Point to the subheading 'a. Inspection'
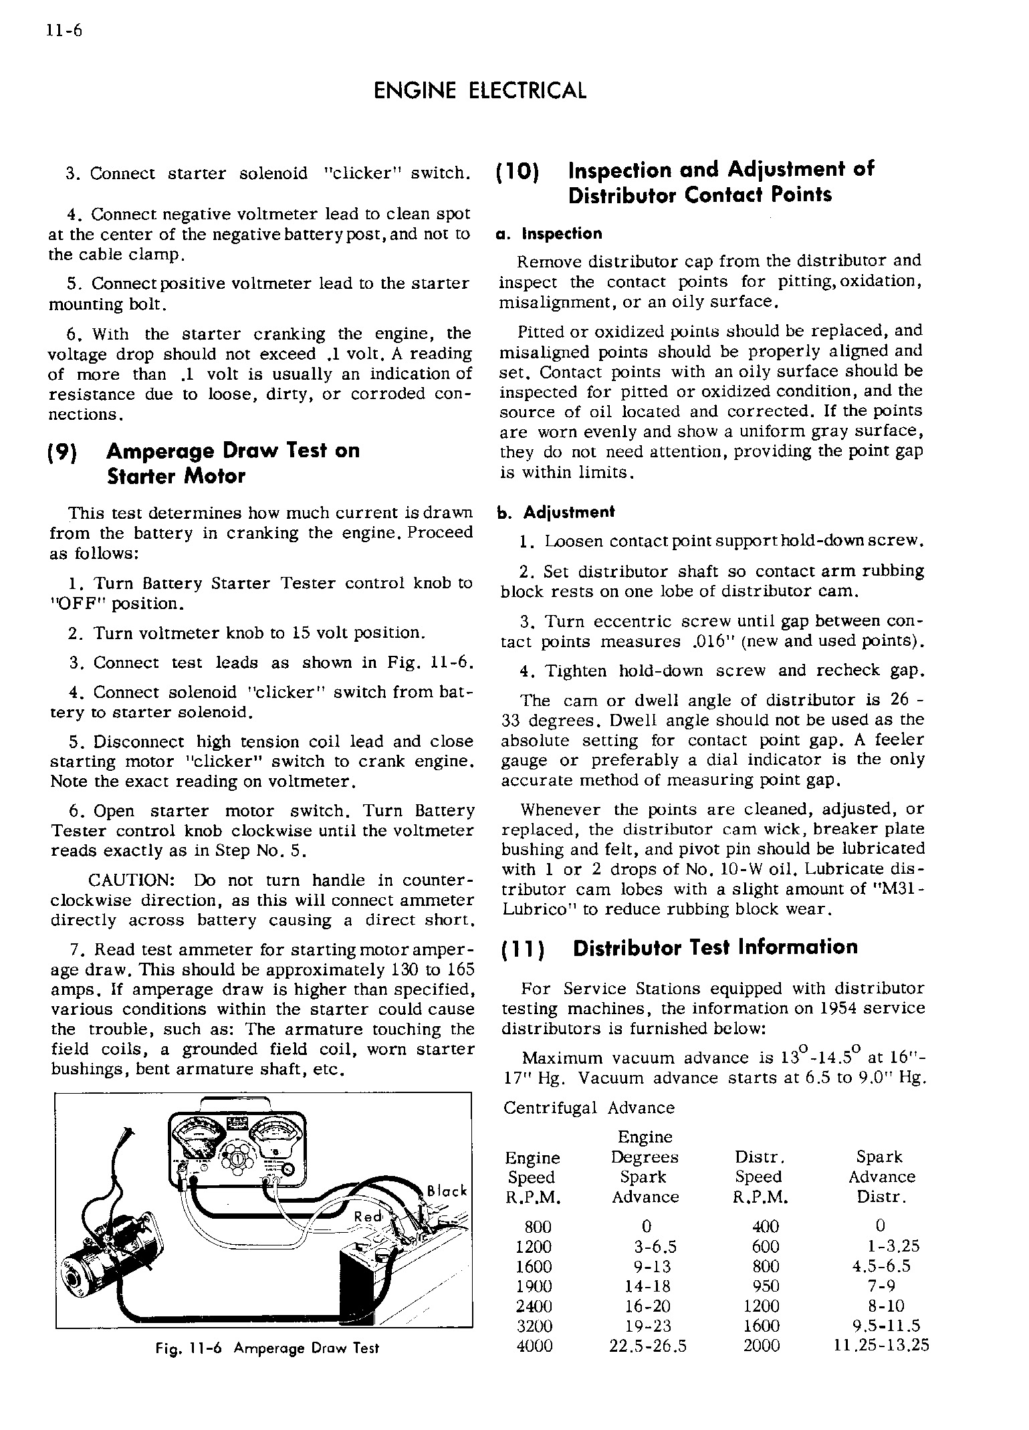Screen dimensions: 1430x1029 pos(549,234)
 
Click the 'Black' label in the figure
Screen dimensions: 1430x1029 pos(447,1191)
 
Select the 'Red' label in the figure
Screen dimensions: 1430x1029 pos(368,1217)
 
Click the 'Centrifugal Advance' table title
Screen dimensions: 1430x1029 pos(588,1108)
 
